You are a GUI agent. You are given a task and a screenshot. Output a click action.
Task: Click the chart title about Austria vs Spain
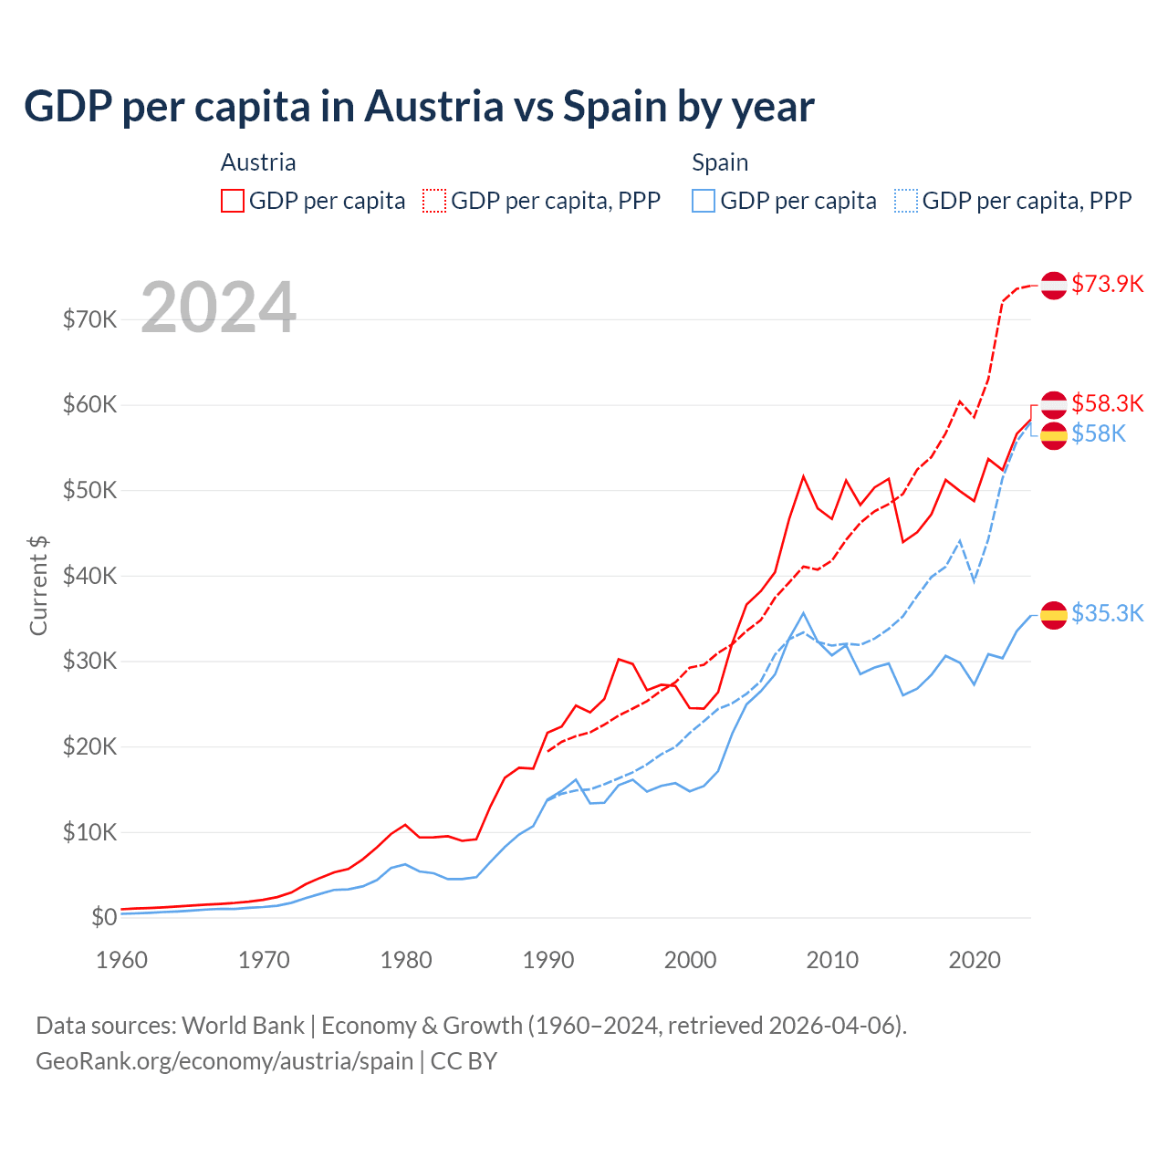click(419, 107)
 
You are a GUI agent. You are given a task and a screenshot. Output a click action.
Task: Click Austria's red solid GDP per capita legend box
click(233, 201)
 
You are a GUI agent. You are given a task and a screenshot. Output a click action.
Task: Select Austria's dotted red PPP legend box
click(434, 201)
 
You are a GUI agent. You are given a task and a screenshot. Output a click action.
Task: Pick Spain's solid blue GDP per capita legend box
click(704, 201)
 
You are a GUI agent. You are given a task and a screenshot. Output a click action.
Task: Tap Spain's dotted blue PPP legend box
click(906, 201)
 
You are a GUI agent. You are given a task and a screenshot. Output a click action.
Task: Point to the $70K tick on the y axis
click(89, 319)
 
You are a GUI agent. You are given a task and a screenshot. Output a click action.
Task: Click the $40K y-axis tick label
click(89, 576)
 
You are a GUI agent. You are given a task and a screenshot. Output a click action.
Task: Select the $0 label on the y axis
click(104, 918)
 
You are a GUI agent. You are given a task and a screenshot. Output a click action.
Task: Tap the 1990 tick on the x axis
click(548, 960)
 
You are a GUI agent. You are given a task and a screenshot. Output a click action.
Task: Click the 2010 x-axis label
click(832, 960)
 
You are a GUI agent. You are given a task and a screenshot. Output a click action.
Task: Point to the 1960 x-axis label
click(122, 960)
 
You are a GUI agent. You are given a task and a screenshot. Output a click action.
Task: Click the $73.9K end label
click(1107, 284)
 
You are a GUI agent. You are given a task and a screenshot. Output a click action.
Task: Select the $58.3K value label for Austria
click(1107, 403)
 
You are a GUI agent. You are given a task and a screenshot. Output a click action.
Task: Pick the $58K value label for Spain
click(1099, 433)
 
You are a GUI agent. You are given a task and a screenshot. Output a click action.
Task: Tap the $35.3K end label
click(1107, 613)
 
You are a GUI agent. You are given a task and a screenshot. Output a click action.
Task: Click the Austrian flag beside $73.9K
click(1054, 285)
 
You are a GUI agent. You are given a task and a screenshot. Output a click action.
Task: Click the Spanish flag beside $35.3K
click(1054, 615)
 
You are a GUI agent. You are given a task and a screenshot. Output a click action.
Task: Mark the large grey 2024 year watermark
click(219, 308)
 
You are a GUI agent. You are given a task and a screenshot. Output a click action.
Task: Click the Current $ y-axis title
click(38, 586)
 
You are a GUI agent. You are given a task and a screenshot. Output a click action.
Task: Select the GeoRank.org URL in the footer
click(224, 1061)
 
